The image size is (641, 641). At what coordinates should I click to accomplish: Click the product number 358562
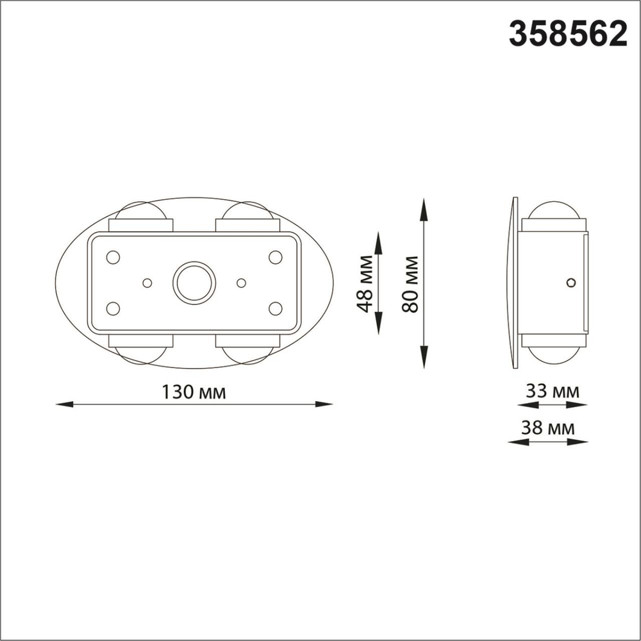[567, 33]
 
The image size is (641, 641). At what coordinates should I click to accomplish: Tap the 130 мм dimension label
[194, 392]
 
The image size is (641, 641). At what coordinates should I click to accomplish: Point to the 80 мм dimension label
[410, 284]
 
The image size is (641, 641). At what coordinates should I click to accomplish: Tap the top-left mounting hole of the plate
[113, 257]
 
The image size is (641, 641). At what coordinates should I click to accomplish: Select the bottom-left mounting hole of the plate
[113, 308]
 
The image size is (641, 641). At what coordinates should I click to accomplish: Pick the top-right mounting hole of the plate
[276, 257]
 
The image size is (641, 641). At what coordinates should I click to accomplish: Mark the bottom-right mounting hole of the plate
[276, 308]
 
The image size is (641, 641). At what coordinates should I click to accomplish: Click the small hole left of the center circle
[147, 283]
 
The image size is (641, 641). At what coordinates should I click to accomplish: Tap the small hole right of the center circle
[242, 283]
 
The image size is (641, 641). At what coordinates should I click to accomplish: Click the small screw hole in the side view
[571, 282]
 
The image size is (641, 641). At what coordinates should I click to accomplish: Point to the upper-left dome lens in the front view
[140, 210]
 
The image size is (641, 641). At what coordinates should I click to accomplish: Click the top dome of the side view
[553, 210]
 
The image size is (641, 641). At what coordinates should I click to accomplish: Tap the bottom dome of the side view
[553, 356]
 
